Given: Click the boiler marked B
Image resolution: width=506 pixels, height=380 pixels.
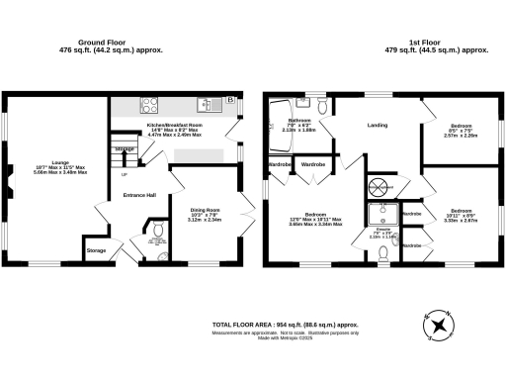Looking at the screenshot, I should pos(230,101).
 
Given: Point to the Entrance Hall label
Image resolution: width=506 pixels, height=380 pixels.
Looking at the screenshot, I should pos(139,195).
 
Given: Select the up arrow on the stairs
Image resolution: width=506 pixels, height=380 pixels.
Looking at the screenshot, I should pos(124,175).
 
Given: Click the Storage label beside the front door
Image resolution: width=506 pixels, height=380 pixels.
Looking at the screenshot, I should pos(96,251).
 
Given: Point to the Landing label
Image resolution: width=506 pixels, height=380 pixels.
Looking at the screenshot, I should pos(377,126).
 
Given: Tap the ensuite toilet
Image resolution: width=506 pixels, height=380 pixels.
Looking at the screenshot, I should pos(383,254).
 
